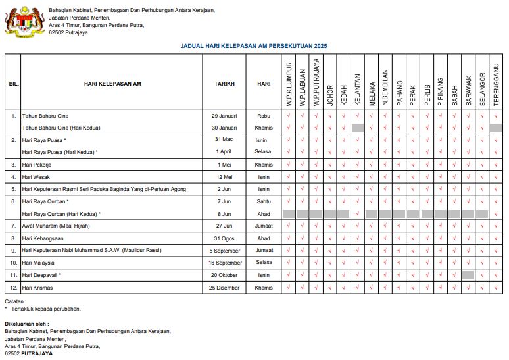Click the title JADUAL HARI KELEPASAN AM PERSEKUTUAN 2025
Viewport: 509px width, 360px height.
(x=253, y=46)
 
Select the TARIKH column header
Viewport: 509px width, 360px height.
(x=224, y=84)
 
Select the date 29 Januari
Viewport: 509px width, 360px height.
(x=224, y=115)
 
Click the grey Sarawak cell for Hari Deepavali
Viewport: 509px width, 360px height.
(x=468, y=275)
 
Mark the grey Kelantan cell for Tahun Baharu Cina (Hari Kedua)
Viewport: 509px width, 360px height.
(x=358, y=127)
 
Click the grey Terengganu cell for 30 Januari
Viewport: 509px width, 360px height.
(x=496, y=127)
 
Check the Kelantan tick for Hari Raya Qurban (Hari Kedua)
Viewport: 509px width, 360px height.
(x=358, y=214)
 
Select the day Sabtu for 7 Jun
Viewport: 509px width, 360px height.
(x=264, y=201)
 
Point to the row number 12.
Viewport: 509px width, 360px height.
(x=13, y=288)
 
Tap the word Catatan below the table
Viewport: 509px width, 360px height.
(x=15, y=301)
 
